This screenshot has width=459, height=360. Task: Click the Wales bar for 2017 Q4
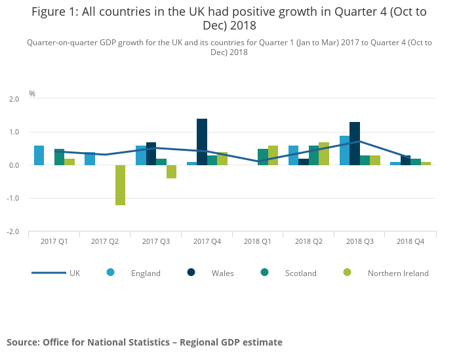coord(202,142)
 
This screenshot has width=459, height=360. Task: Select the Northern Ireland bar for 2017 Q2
coord(121,185)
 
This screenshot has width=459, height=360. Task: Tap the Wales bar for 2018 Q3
coord(355,144)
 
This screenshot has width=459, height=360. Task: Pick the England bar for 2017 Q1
coord(39,155)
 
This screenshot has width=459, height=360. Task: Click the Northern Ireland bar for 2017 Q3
coord(171,172)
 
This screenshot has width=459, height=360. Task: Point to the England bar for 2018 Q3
coord(344,150)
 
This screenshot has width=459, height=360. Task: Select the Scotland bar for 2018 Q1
coord(263,157)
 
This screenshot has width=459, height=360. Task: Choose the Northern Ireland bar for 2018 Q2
coord(324,153)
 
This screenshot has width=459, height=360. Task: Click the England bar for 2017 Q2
coord(90,159)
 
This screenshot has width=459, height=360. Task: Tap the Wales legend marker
coord(191,273)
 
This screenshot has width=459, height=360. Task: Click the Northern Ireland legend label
coord(398,273)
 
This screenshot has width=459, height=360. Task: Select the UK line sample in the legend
coord(49,273)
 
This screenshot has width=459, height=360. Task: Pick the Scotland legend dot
coord(264,273)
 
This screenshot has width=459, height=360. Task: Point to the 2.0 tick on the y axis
coord(14,99)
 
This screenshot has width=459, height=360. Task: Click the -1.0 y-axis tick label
coord(13,199)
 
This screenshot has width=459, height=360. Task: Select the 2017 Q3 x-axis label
coord(156,242)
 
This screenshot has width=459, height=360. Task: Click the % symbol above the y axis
coord(31,94)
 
